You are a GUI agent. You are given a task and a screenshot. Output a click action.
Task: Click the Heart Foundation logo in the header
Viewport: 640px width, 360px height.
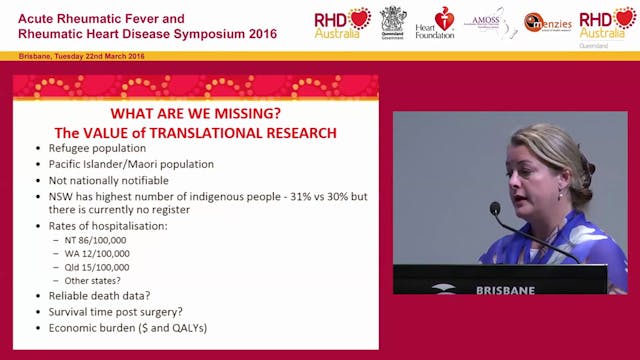coord(434,22)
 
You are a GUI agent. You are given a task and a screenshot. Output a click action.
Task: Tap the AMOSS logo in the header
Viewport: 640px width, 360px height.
coord(491,22)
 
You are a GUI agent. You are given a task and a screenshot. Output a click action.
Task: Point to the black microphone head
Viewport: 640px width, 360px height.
coord(495,209)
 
